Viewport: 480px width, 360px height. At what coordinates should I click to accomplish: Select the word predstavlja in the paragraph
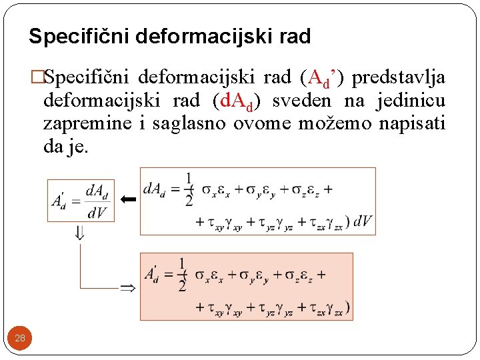pos(399,78)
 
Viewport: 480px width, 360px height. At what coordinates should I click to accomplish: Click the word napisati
pos(411,123)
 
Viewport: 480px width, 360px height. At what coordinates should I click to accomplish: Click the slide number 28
pos(20,338)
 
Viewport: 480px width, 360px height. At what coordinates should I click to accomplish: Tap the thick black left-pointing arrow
pos(129,199)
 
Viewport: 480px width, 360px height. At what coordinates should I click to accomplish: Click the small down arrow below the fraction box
pos(79,233)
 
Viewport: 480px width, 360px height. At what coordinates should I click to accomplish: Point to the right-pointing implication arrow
pos(127,288)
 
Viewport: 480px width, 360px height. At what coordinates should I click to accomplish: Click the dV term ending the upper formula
pos(363,221)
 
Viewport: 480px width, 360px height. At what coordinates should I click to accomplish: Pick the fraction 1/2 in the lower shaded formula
pos(182,275)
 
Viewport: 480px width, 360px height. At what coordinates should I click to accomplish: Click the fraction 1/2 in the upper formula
pos(190,190)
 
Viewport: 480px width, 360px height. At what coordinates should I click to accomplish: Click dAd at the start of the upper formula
pos(156,190)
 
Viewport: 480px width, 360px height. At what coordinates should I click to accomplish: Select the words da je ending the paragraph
pos(65,146)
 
